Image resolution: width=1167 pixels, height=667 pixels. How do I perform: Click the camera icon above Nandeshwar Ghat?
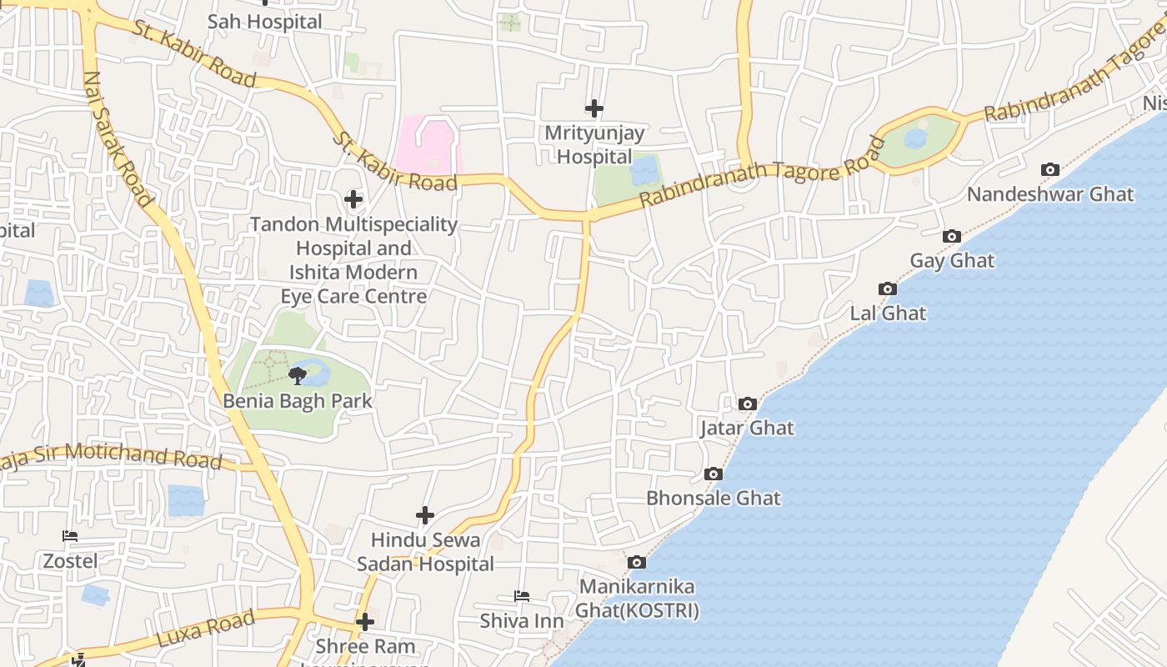(x=1050, y=170)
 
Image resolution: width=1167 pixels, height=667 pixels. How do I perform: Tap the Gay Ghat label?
(x=952, y=261)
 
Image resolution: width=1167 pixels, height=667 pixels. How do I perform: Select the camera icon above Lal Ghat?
(x=888, y=289)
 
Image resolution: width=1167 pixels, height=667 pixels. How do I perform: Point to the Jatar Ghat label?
(x=747, y=429)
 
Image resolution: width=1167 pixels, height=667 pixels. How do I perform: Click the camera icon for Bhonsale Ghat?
(x=714, y=474)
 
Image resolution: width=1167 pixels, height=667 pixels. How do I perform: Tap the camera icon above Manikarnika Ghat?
(x=637, y=563)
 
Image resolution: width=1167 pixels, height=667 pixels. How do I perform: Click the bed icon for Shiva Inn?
(x=522, y=596)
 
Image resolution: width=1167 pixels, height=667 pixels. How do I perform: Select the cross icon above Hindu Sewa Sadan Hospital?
(x=425, y=515)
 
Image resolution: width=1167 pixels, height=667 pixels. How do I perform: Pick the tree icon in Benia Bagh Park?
(x=297, y=377)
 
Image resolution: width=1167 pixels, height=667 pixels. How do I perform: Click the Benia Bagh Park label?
(x=298, y=401)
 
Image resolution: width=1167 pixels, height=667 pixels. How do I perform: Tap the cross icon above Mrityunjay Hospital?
(x=594, y=108)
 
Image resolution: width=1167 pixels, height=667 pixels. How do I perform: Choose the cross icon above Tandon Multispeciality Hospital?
(x=353, y=199)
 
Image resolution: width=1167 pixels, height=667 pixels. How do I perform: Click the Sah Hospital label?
(x=264, y=23)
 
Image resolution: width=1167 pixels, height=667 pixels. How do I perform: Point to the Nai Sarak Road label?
(x=118, y=138)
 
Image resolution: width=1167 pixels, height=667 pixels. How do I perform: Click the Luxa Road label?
(x=205, y=629)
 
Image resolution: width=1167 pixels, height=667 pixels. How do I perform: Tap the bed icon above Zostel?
(x=70, y=536)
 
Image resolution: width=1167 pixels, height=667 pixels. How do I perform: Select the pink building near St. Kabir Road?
(x=428, y=145)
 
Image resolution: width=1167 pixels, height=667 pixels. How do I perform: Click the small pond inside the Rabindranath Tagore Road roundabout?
(x=915, y=138)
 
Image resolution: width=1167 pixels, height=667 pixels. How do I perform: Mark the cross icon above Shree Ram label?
(x=365, y=622)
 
